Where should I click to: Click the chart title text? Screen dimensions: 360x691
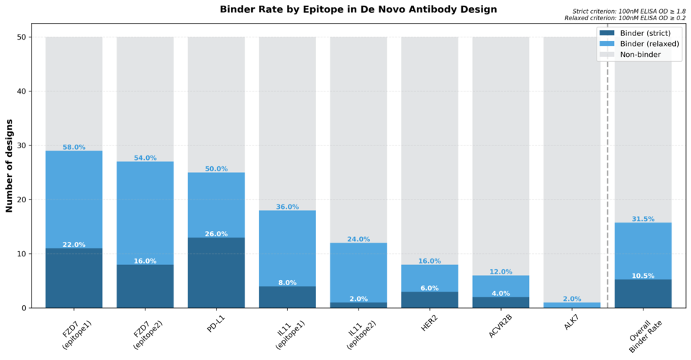[358, 9]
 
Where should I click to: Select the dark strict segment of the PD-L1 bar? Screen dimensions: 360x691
[216, 277]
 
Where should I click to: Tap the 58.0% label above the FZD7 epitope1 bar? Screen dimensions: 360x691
[73, 147]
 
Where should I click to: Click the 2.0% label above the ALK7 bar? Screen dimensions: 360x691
[572, 299]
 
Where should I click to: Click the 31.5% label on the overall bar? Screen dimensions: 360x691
[643, 219]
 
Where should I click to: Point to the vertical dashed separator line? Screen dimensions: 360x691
[608, 180]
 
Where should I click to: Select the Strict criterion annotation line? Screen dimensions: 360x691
[625, 12]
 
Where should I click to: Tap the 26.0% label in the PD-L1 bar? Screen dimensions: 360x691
[216, 234]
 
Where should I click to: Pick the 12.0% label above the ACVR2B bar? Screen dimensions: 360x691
[501, 271]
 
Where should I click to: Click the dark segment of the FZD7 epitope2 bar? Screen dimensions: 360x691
[145, 288]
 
